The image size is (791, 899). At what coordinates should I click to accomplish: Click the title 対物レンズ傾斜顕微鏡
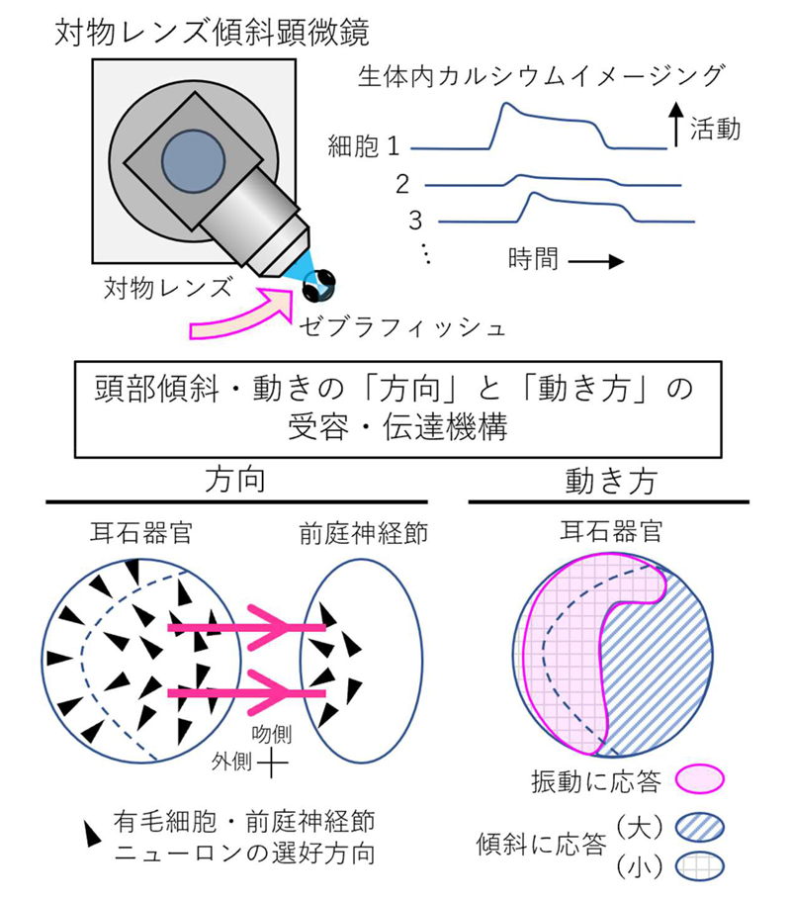point(214,33)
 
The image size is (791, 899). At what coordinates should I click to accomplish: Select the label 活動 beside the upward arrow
point(715,130)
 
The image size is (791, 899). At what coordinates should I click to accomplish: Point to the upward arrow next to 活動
point(675,127)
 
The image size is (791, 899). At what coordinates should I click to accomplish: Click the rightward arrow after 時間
point(596,262)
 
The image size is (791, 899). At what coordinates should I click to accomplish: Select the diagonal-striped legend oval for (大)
point(700,827)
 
